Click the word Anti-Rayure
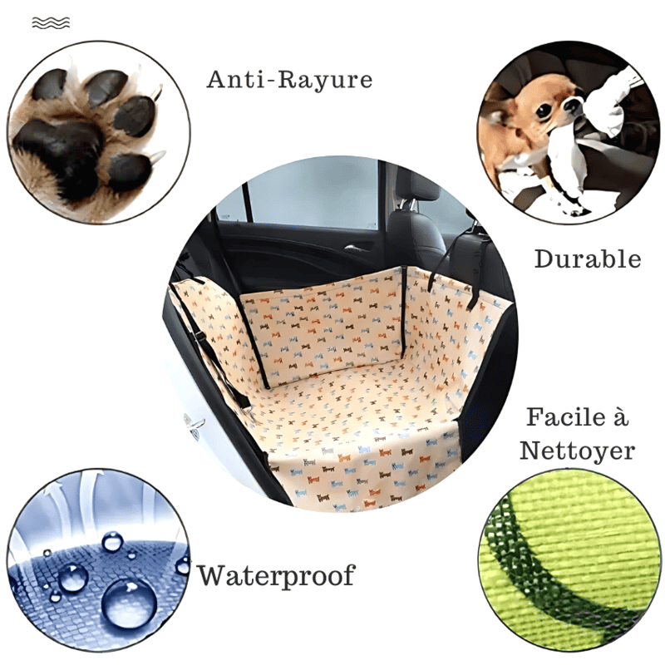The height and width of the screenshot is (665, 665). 289,80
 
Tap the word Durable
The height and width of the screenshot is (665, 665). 588,259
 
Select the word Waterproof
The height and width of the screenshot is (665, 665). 277,575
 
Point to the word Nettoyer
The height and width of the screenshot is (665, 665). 577,451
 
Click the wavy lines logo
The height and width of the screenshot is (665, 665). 51,23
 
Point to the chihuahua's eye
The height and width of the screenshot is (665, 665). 544,111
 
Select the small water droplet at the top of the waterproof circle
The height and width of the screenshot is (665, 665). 113,542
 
